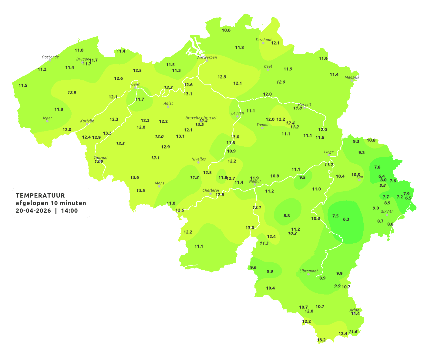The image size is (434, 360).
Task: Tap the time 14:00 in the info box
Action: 69,211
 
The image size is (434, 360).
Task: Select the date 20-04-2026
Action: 33,211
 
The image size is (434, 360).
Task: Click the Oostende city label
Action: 50,57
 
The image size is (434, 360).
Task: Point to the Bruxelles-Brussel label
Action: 201,118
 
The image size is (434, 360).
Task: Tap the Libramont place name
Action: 309,271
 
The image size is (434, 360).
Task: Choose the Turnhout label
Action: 263,40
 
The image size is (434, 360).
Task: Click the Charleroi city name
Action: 210,190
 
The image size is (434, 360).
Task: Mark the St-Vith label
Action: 387,212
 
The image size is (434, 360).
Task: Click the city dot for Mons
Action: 159,186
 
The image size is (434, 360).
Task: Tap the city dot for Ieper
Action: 47,121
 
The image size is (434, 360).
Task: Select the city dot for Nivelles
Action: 198,162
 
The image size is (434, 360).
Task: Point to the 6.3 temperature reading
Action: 346,219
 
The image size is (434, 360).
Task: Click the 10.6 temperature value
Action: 226,30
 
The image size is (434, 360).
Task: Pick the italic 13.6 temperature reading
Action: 135,177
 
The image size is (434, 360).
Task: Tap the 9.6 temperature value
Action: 253,267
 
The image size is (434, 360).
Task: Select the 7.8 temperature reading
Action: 377,167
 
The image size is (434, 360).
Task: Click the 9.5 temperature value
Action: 302,177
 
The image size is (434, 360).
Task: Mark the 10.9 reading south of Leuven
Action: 231,151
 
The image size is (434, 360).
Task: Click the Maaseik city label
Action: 352,77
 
